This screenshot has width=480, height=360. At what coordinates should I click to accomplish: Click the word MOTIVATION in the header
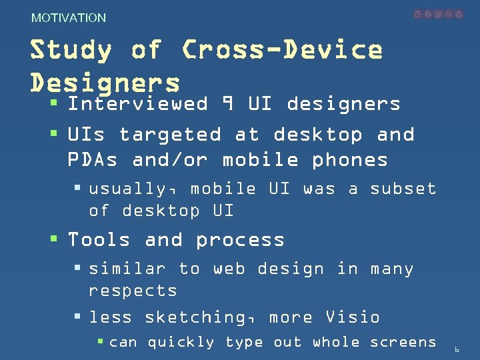[69, 18]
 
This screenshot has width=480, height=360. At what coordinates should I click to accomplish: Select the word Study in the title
[71, 50]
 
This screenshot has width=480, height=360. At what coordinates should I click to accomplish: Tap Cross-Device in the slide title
[282, 50]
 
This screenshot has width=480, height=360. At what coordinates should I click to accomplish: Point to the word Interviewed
[138, 104]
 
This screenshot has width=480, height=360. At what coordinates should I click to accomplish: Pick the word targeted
[169, 135]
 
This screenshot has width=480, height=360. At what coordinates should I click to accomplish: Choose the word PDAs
[93, 160]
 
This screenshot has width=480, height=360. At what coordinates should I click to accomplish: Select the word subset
[403, 189]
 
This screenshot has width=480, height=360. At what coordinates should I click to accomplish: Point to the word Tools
[99, 239]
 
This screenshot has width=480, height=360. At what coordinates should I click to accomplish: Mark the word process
[240, 240]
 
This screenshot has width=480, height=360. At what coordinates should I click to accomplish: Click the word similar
[127, 269]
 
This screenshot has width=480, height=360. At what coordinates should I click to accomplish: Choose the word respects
[133, 291]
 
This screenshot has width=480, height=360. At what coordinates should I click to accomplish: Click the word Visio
[352, 317]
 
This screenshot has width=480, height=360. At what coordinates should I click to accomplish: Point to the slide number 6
[457, 349]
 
